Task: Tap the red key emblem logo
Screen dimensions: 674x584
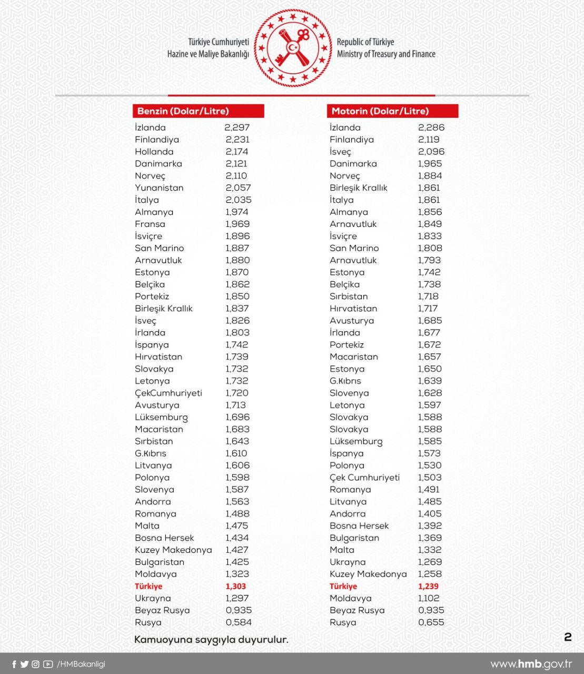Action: (x=293, y=48)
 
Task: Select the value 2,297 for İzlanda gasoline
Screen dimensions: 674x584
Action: (x=237, y=127)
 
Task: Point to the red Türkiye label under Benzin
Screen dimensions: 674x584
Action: (x=149, y=586)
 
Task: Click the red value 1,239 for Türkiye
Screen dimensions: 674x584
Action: (x=428, y=586)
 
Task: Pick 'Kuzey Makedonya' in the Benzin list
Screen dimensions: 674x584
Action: (x=173, y=550)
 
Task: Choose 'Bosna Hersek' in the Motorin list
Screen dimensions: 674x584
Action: (x=359, y=526)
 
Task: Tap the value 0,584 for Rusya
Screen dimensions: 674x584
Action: (x=239, y=622)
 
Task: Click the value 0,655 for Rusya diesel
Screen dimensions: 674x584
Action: (x=431, y=622)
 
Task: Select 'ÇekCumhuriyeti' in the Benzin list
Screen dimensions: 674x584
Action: (x=169, y=393)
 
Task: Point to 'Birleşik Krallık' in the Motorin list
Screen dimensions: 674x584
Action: (x=359, y=188)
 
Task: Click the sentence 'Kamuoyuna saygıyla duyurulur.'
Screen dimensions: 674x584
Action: (x=211, y=640)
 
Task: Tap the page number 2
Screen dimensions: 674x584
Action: (x=568, y=637)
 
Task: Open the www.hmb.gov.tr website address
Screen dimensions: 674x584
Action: (x=531, y=664)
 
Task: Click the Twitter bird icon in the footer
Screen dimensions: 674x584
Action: (x=24, y=664)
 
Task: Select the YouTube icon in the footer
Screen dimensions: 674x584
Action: (x=48, y=664)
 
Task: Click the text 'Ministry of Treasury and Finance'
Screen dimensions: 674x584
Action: (x=386, y=54)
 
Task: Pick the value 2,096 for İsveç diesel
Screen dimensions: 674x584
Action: (x=431, y=152)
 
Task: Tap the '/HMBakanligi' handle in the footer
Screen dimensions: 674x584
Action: (x=81, y=664)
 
